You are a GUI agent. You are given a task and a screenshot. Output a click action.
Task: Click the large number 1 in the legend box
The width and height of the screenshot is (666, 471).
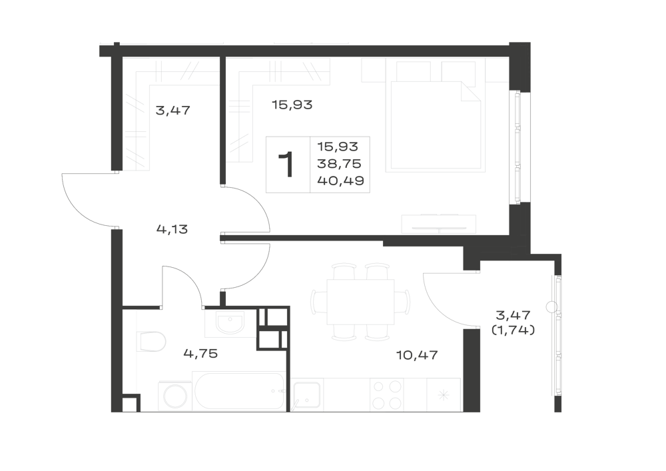286,165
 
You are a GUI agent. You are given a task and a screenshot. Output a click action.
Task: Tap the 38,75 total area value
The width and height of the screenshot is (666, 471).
339,163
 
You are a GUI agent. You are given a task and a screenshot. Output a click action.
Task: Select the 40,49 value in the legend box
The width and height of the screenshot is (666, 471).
340,181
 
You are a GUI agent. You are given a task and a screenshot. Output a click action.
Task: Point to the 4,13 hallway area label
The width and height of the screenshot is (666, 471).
172,230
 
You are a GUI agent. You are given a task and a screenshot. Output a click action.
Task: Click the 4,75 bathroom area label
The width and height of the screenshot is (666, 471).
200,353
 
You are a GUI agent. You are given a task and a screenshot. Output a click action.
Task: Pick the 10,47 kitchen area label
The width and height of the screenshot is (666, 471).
417,355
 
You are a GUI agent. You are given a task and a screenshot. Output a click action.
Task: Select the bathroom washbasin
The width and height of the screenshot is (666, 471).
230,323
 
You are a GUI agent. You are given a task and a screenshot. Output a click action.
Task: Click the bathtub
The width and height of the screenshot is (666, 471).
239,391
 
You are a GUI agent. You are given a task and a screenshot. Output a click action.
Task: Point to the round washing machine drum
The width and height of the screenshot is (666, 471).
175,396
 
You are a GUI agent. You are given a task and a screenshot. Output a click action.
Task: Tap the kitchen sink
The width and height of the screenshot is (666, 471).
306,395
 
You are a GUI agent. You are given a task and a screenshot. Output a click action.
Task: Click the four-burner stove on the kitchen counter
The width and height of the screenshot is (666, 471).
386,394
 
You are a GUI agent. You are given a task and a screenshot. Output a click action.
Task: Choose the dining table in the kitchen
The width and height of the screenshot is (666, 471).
360,302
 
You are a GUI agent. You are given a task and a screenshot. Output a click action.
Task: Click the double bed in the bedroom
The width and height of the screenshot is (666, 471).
436,127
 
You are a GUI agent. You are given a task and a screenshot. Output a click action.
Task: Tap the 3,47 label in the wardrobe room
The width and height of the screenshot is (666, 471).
173,111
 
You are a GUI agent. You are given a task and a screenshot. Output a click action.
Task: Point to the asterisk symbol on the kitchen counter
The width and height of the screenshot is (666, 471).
444,396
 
